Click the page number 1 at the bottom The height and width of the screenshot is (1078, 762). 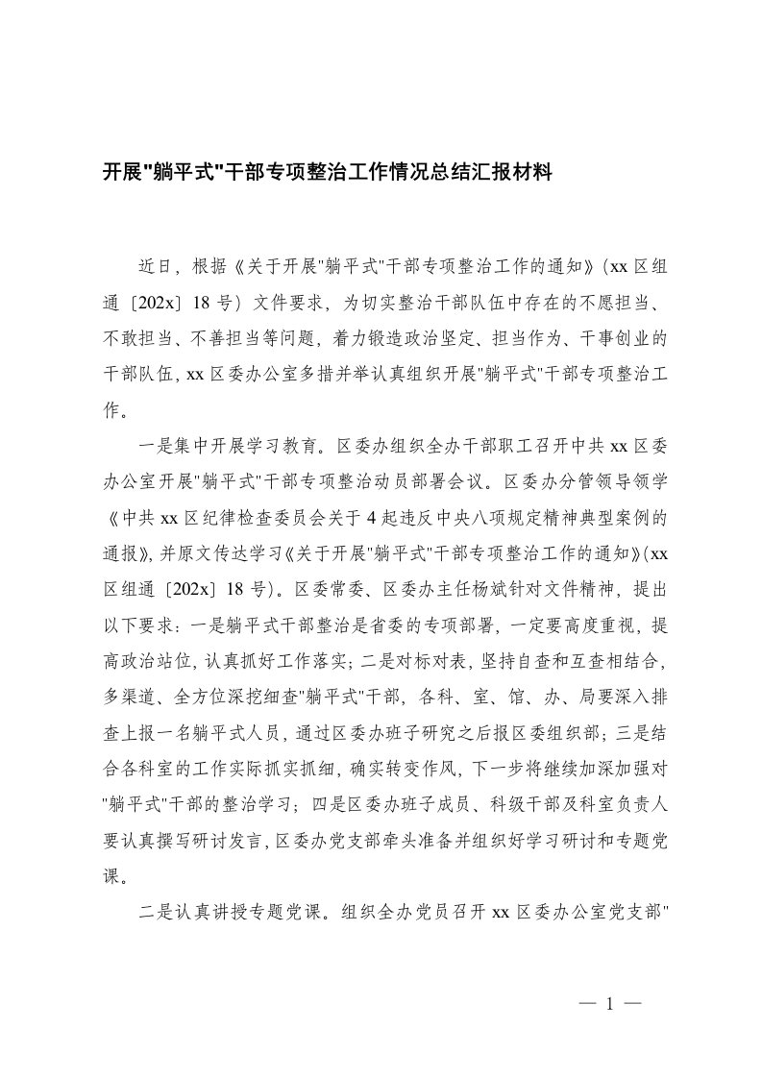[x=610, y=1003]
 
